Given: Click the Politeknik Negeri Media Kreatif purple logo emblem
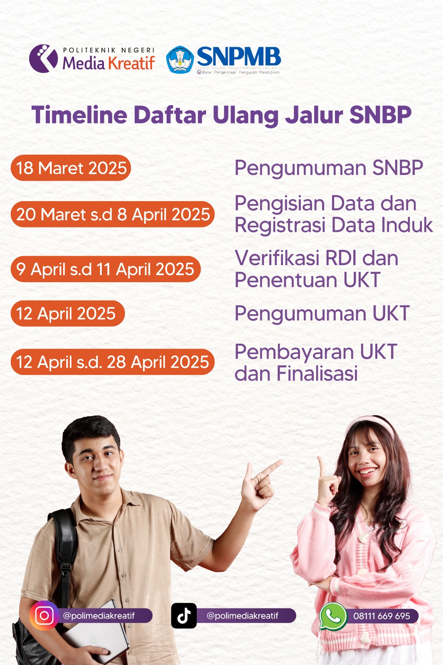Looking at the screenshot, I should [43, 59].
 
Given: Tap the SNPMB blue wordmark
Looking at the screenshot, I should [239, 57].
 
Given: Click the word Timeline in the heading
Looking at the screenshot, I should [79, 115].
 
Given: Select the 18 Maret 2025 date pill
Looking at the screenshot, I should [71, 168].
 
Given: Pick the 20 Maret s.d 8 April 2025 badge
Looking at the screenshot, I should [113, 214].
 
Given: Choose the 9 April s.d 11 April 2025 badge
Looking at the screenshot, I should [106, 269].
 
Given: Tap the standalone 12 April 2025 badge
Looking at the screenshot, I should [67, 313].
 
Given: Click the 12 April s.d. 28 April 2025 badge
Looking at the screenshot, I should [113, 362].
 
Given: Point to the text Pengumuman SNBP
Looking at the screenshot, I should [328, 168].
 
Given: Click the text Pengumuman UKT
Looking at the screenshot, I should [322, 313].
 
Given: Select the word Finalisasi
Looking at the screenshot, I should [317, 373].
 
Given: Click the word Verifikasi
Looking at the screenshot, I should [278, 258].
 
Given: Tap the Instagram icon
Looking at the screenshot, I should [44, 616].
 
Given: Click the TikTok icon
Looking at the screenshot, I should [184, 616].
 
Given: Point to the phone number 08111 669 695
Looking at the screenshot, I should [381, 616].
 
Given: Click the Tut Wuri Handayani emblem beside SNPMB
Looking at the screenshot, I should [180, 59].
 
